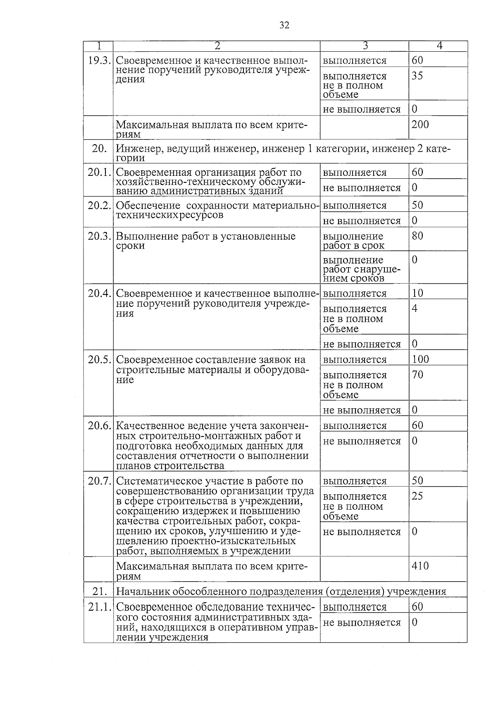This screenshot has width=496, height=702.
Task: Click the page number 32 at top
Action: coord(284,26)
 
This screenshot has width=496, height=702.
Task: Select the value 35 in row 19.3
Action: coord(417,76)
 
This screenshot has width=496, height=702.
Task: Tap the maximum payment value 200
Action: coord(420,124)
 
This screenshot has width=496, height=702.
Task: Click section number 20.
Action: coord(99,149)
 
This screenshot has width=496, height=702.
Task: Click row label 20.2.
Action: coord(99,206)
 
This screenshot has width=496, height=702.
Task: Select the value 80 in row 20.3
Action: coord(417,236)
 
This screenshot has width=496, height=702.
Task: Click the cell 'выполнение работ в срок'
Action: coord(353,241)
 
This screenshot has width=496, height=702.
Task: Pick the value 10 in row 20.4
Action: coord(417,293)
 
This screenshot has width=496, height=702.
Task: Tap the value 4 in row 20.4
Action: coord(415,309)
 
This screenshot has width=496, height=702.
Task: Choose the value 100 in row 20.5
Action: coord(420,359)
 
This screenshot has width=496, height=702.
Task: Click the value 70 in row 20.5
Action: coord(417,375)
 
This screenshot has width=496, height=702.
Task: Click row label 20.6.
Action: coord(99,426)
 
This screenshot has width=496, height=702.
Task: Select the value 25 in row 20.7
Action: coord(417,496)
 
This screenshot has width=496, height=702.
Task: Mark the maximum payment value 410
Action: coord(420,565)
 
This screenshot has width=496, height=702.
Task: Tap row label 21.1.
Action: coord(99,607)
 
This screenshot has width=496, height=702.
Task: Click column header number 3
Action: coord(365,46)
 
